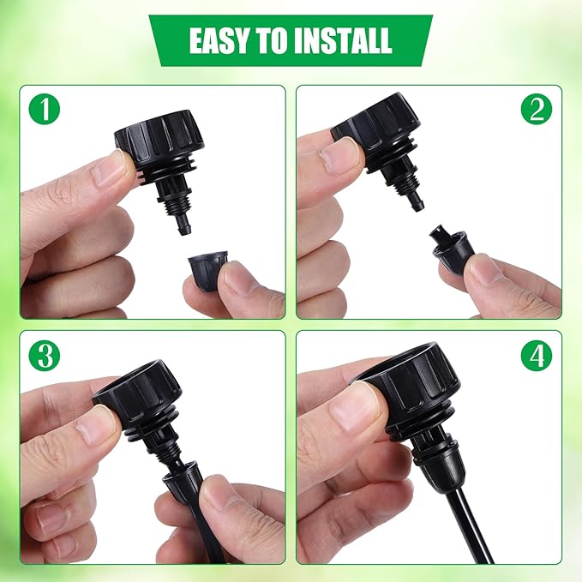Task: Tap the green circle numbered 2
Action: (x=537, y=111)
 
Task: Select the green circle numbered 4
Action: (x=537, y=356)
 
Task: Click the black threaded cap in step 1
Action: (x=159, y=137)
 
